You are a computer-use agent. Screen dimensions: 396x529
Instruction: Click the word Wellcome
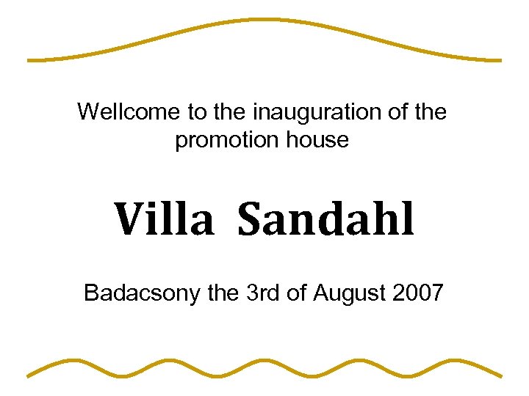point(129,112)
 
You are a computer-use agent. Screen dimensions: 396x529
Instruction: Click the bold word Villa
point(164,220)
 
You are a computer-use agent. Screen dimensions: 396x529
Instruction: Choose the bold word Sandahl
point(326,220)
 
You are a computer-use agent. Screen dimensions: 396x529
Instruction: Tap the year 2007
point(419,293)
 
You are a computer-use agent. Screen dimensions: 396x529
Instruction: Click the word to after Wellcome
point(197,112)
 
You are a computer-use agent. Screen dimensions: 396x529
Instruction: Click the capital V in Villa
point(128,220)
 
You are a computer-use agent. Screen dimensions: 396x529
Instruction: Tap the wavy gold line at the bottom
point(264,367)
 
